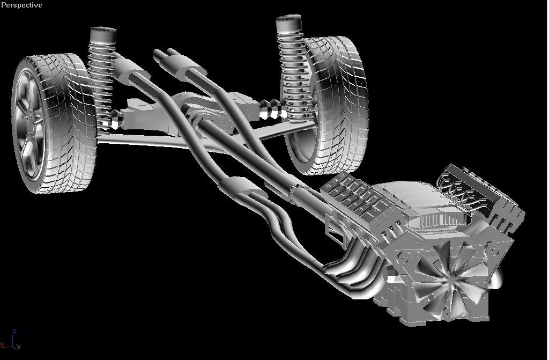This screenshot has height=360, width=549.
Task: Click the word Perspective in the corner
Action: [x=21, y=5]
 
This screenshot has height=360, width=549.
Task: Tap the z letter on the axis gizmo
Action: [x=15, y=331]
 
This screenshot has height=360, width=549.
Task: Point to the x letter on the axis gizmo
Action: [x=3, y=343]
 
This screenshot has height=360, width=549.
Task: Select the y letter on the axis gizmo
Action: [x=19, y=347]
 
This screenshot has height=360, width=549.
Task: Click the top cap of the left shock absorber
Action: [x=102, y=35]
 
